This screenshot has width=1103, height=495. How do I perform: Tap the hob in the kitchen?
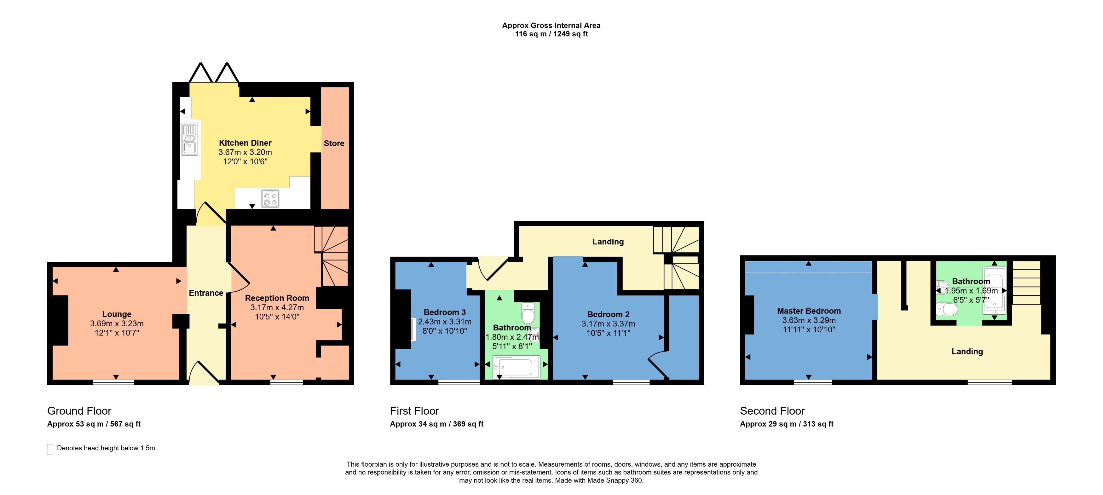[270, 199]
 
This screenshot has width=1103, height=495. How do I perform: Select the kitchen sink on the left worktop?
[189, 139]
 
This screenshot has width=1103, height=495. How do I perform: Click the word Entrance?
[206, 293]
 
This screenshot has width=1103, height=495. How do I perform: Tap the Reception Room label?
[277, 298]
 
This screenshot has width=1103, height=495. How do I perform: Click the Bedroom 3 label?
[444, 312]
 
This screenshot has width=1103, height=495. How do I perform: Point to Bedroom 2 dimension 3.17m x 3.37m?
[608, 324]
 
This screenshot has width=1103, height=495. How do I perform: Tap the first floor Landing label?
[608, 242]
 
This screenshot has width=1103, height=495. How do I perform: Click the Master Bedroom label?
[808, 311]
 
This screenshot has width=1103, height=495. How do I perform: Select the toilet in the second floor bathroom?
[947, 309]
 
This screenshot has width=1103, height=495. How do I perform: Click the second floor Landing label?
[967, 352]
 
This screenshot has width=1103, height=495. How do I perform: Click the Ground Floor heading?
[79, 411]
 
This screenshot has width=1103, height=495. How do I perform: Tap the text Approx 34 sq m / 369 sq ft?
[436, 424]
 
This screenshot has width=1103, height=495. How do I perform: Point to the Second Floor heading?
[772, 411]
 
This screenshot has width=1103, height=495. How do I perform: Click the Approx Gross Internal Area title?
[551, 26]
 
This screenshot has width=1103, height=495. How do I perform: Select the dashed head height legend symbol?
[50, 449]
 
